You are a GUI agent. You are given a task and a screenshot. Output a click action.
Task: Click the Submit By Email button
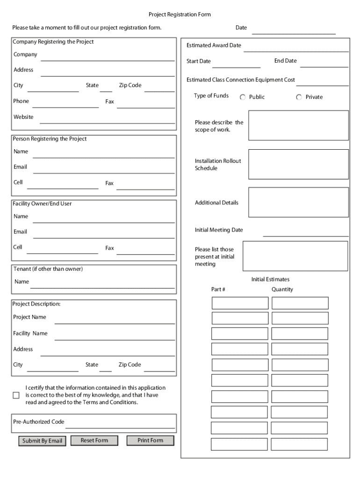(42, 441)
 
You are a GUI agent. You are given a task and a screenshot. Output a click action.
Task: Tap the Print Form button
(150, 440)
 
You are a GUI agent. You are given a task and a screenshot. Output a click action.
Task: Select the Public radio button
(243, 97)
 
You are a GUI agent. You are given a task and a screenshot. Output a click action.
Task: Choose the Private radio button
(299, 97)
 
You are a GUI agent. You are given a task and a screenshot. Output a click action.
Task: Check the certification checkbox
(16, 395)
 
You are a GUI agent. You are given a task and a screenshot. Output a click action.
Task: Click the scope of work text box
(298, 125)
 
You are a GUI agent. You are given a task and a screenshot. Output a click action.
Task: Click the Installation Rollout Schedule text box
(298, 164)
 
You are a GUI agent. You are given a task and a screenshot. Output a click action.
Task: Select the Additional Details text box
(298, 202)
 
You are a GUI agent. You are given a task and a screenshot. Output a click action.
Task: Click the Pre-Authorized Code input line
(120, 423)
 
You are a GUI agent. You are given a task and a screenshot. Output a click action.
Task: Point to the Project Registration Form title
(180, 15)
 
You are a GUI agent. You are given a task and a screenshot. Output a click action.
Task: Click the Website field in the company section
(108, 119)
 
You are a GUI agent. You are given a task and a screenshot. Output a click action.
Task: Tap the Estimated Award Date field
(295, 47)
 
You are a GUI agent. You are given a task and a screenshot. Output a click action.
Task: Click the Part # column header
(218, 290)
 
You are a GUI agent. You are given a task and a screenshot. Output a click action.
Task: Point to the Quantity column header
(282, 290)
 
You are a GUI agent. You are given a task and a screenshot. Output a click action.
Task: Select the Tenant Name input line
(103, 283)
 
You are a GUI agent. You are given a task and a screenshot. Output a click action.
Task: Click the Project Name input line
(115, 319)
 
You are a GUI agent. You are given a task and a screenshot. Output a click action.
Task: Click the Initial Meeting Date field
(305, 232)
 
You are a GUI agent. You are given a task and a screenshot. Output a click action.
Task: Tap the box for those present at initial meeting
(295, 256)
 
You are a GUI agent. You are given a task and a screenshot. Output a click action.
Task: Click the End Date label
(285, 61)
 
